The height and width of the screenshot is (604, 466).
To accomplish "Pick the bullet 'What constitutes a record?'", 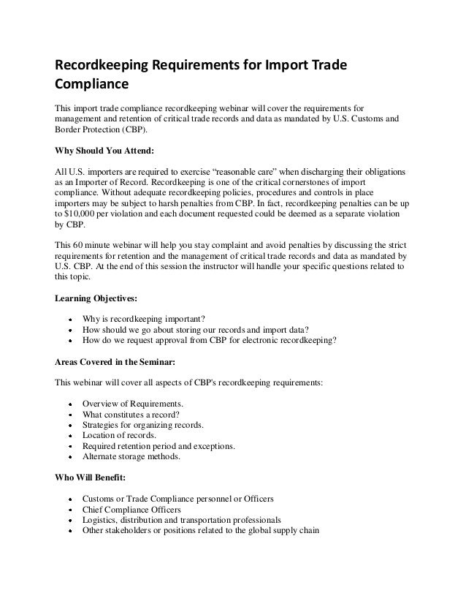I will pyautogui.click(x=135, y=413).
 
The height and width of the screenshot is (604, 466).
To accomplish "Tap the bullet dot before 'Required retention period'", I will pyautogui.click(x=69, y=447).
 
